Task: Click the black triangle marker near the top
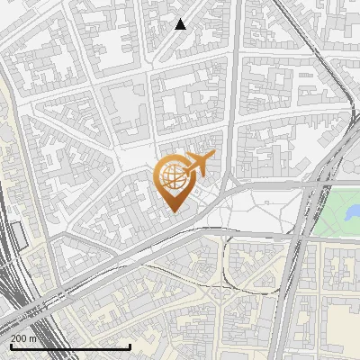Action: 181,24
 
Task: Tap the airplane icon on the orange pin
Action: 197,163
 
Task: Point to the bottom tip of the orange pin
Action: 172,211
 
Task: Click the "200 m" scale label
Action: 23,338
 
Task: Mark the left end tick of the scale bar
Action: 11,345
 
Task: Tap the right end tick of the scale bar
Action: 130,345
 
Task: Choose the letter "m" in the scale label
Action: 32,338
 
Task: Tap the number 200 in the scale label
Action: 19,338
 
